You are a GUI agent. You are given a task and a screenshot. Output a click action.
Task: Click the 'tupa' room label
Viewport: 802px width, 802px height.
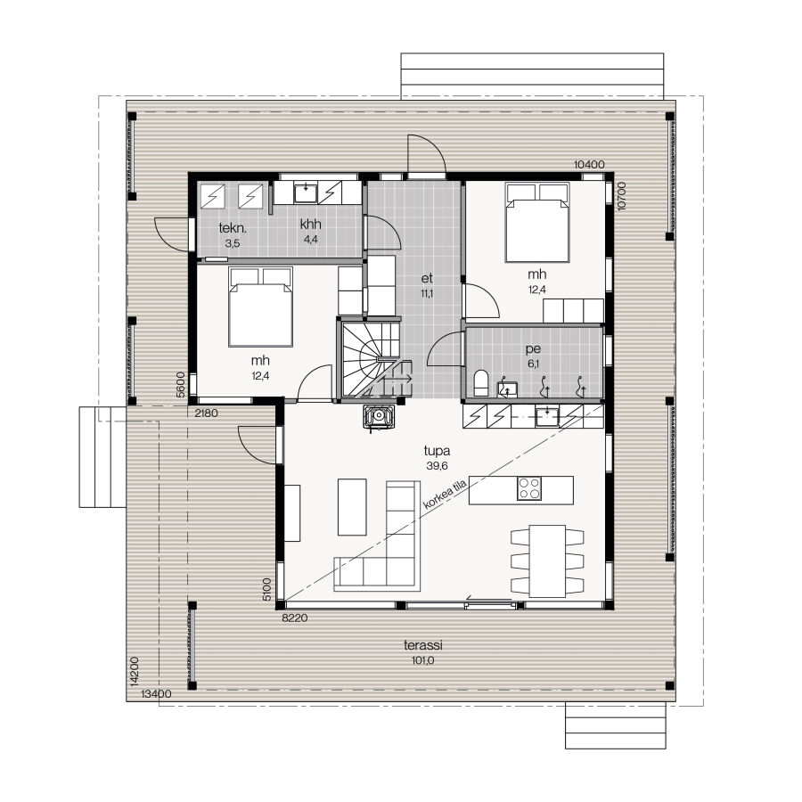437,451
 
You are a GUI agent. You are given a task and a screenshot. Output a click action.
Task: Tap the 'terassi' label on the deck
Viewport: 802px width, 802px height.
423,645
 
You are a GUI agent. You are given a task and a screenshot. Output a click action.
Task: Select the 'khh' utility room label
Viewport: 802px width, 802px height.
310,224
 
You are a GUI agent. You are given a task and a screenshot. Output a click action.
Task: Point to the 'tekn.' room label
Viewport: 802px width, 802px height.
233,227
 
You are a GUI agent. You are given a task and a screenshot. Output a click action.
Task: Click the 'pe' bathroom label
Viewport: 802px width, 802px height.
533,349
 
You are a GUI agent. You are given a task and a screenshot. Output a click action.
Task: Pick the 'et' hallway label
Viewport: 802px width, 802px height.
427,278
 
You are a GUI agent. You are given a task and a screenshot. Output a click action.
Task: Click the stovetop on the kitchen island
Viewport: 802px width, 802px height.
528,488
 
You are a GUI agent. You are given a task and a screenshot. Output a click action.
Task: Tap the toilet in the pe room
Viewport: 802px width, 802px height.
481,383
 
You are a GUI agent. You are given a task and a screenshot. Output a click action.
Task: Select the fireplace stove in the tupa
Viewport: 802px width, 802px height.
379,416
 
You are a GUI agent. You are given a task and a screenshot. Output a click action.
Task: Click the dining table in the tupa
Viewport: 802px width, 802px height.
547,561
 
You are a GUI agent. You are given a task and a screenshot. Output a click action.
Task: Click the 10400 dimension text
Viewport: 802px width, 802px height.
589,164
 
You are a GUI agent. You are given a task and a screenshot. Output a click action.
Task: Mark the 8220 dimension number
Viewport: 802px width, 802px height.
295,618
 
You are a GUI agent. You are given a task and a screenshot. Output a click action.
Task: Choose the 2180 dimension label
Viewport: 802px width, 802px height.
207,413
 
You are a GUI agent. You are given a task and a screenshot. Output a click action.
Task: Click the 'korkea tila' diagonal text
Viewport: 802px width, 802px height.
445,495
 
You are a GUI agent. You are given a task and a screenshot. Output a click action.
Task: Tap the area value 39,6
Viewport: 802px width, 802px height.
437,466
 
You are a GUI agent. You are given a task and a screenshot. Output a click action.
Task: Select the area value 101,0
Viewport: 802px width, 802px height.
423,660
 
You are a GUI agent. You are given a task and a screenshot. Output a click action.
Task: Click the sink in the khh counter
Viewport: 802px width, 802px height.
306,192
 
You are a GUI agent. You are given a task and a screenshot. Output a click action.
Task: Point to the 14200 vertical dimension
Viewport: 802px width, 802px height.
134,671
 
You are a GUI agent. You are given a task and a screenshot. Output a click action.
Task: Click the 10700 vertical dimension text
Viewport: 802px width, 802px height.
621,196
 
